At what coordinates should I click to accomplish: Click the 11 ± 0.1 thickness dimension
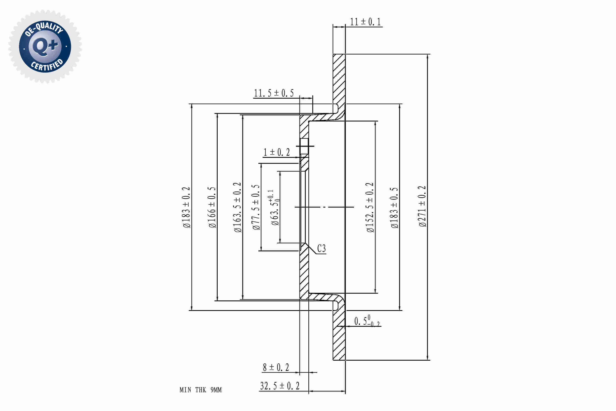(x=365, y=22)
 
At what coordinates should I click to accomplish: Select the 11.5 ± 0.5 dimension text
(x=274, y=93)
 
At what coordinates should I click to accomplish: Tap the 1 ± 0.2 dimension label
(x=277, y=152)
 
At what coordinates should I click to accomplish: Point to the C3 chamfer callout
(x=321, y=248)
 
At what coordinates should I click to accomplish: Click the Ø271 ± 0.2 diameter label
(x=422, y=206)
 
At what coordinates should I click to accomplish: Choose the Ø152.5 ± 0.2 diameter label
(x=370, y=207)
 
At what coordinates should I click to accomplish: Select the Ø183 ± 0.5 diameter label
(x=394, y=208)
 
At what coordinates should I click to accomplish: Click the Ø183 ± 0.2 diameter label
(x=186, y=207)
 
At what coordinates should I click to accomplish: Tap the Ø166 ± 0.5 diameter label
(x=212, y=207)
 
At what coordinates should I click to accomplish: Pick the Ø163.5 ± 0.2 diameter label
(x=238, y=207)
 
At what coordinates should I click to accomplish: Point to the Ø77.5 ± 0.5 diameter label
(x=256, y=207)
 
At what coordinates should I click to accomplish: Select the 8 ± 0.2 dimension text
(x=276, y=368)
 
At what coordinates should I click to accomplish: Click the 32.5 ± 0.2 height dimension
(x=280, y=386)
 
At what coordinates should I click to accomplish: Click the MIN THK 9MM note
(x=201, y=390)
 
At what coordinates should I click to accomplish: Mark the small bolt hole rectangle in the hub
(x=304, y=146)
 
